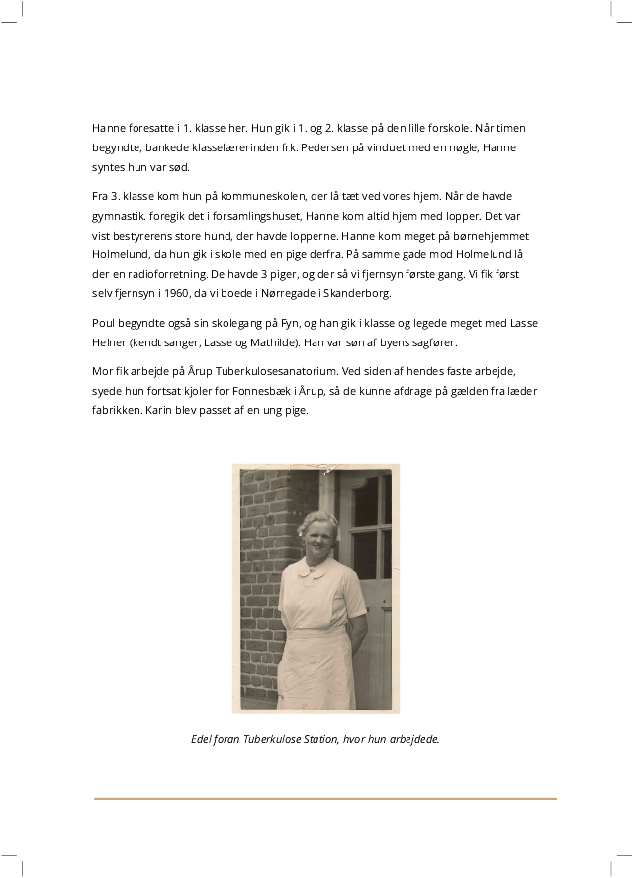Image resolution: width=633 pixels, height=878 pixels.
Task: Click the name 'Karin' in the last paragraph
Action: coord(160,410)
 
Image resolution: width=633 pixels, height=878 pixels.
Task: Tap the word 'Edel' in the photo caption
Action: coord(201,739)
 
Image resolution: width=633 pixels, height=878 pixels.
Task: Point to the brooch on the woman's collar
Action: coord(311,569)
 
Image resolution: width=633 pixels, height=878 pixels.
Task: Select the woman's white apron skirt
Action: coord(316,668)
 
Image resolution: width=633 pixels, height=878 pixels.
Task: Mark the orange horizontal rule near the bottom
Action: coord(325,798)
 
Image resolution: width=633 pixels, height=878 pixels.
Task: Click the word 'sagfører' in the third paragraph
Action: coord(432,342)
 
